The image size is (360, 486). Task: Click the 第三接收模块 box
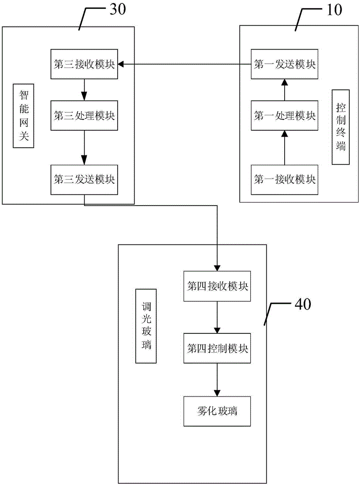pyautogui.click(x=85, y=64)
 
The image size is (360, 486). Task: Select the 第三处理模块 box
pyautogui.click(x=85, y=116)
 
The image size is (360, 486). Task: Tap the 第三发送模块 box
pyautogui.click(x=85, y=180)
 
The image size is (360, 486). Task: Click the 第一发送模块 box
pyautogui.click(x=284, y=64)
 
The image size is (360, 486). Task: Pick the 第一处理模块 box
pyautogui.click(x=284, y=116)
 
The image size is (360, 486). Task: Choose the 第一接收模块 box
pyautogui.click(x=284, y=180)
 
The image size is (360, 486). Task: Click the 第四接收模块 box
pyautogui.click(x=218, y=285)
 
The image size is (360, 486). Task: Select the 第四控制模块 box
pyautogui.click(x=218, y=348)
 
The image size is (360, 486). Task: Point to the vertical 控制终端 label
pyautogui.click(x=340, y=127)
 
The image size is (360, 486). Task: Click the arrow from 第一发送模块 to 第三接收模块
pyautogui.click(x=185, y=64)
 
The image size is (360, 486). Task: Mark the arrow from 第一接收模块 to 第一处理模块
pyautogui.click(x=284, y=148)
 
